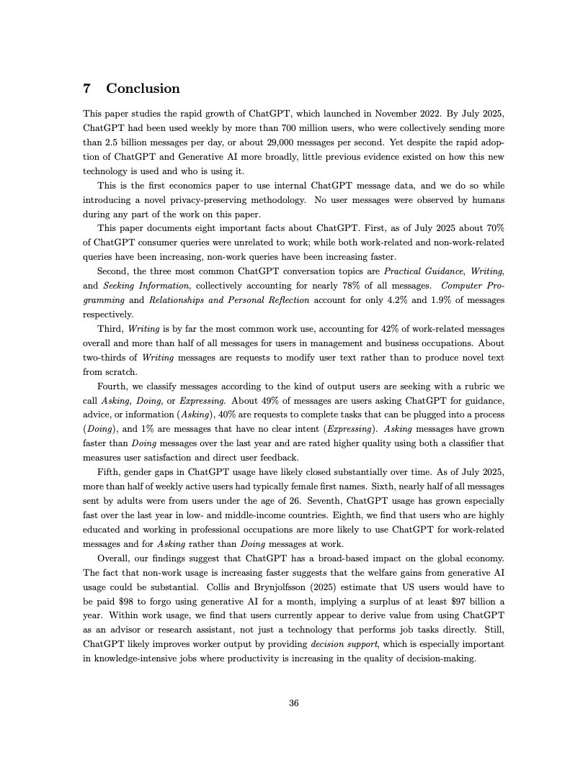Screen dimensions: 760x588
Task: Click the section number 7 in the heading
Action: point(87,89)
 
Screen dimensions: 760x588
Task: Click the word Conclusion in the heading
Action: point(143,89)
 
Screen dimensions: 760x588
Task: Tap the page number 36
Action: point(293,703)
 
